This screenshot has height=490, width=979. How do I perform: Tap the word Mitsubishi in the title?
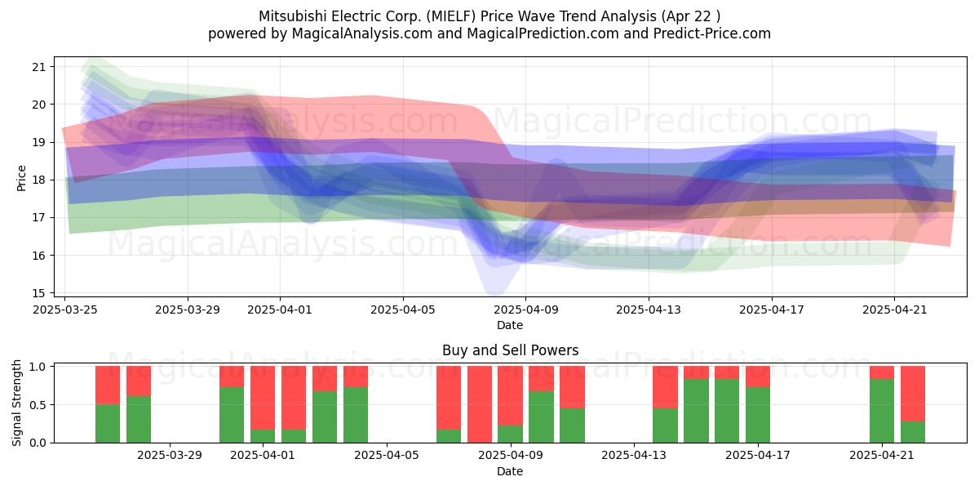[x=293, y=16]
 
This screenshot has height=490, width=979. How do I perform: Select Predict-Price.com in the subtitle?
[x=712, y=33]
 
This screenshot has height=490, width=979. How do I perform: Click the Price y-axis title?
[x=21, y=178]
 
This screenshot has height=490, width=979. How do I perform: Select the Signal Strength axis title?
[x=16, y=403]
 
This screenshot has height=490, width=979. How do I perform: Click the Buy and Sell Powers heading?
[x=510, y=350]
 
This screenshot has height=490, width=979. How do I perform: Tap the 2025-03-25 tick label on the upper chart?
[x=65, y=310]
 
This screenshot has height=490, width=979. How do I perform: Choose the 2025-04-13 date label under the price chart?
[x=649, y=310]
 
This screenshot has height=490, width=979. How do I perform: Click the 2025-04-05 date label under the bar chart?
[x=387, y=456]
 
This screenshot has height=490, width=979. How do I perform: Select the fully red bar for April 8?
[x=480, y=404]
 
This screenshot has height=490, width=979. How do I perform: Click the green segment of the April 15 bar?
[x=696, y=411]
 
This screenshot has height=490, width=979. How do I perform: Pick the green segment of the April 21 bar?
[x=882, y=411]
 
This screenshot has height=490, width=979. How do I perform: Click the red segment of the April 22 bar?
[x=913, y=394]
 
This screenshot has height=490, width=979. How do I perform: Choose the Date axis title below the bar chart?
[x=510, y=471]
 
